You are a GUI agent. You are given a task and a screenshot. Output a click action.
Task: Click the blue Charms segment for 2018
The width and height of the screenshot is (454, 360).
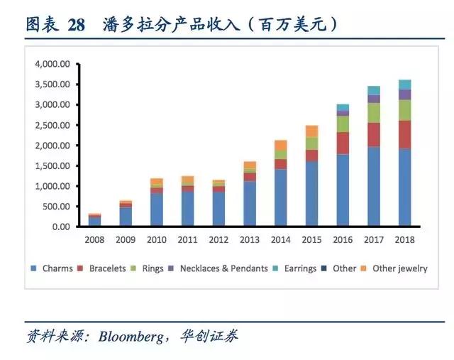click(x=405, y=187)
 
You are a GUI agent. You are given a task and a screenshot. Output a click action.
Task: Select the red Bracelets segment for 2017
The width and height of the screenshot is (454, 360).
click(x=374, y=135)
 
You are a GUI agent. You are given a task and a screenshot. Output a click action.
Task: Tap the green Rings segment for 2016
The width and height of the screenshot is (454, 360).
click(x=343, y=124)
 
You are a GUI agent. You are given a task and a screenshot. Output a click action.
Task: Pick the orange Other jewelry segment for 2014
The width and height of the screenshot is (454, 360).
click(x=280, y=145)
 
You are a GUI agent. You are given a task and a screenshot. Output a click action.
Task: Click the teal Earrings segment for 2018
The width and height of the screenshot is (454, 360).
click(x=405, y=84)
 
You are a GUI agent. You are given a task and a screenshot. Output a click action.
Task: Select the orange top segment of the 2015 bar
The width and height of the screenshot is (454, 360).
click(x=311, y=131)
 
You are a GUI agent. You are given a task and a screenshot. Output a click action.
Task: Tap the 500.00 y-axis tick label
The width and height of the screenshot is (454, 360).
click(x=57, y=207)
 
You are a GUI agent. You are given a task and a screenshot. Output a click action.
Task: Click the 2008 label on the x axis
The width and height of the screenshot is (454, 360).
click(x=94, y=240)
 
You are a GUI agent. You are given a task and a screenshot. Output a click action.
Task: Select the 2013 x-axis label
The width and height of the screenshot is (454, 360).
click(x=250, y=240)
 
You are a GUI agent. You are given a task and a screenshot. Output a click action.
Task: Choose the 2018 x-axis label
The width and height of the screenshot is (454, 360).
click(x=405, y=240)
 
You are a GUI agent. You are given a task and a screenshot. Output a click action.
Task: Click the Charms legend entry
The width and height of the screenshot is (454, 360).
click(x=52, y=269)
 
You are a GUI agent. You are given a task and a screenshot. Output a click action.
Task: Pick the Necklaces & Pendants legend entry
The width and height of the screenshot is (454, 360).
click(x=219, y=269)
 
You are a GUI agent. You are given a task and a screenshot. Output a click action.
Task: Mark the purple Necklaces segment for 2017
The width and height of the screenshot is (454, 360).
click(x=374, y=99)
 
